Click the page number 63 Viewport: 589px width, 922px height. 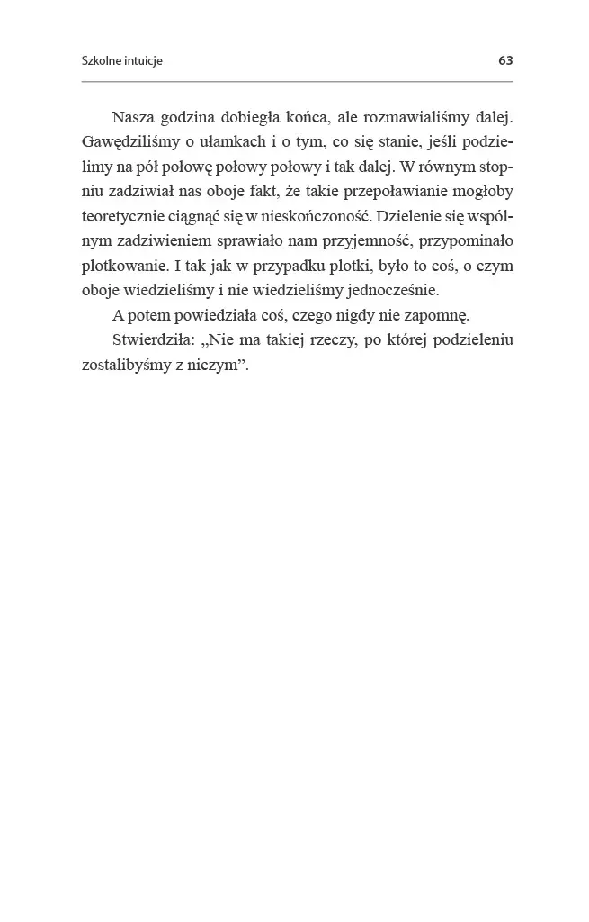(x=504, y=61)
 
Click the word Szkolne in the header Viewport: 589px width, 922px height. (x=101, y=61)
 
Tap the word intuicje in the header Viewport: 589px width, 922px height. (x=142, y=61)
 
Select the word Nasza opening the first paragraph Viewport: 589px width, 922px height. (x=133, y=119)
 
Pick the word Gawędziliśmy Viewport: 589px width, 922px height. (x=126, y=143)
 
